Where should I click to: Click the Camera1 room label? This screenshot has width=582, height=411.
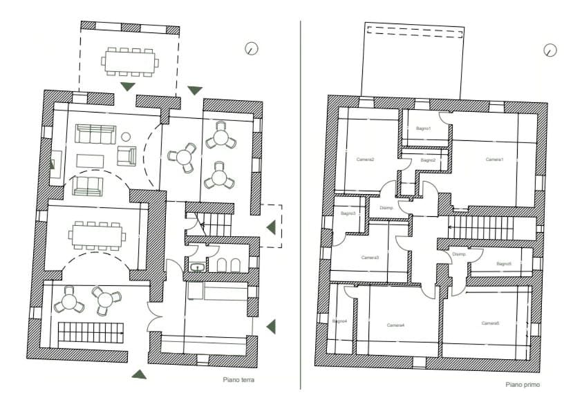pos(494,160)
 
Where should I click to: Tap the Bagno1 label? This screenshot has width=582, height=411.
pos(423,128)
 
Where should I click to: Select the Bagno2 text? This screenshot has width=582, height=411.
pos(428,160)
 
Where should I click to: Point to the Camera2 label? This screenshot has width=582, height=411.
pos(365,160)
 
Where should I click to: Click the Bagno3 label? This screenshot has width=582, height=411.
pos(348,213)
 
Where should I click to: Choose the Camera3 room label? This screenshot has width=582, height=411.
pos(370,258)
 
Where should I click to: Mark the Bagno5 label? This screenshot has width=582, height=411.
pos(503,263)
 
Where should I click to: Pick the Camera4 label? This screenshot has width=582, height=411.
pos(395,325)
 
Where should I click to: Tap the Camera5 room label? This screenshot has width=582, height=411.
pos(490,323)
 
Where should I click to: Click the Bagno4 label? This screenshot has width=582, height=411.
pos(339,321)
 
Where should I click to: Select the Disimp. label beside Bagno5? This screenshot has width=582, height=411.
pos(460,254)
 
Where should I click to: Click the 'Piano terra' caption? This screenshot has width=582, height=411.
pos(238,379)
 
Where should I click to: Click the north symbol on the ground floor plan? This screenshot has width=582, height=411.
pos(252,48)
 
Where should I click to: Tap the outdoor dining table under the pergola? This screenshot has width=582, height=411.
pos(130,61)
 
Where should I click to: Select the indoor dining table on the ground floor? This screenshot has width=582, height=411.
pos(97,236)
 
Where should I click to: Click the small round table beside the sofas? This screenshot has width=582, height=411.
pos(126,136)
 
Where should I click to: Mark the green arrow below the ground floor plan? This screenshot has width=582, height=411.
pos(140,374)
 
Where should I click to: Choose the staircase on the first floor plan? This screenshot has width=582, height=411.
pos(481,227)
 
